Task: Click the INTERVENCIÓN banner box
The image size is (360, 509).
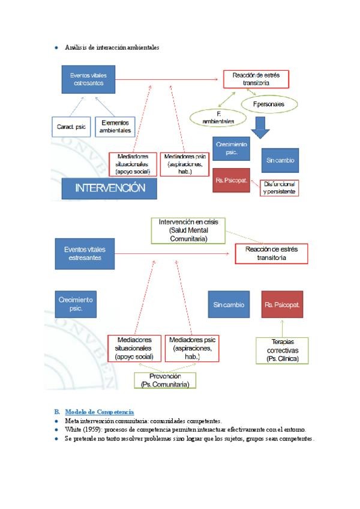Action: [109, 188]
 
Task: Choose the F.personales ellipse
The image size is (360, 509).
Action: [268, 104]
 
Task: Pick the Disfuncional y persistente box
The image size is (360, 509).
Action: [278, 188]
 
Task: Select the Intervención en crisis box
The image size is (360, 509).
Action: [188, 230]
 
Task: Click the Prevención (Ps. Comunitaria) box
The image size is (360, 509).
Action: [164, 380]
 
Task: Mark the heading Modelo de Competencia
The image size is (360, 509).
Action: [100, 411]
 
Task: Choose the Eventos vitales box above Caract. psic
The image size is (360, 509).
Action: [88, 79]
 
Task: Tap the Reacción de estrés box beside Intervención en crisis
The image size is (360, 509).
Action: [271, 253]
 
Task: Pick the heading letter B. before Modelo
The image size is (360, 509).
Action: [57, 411]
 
